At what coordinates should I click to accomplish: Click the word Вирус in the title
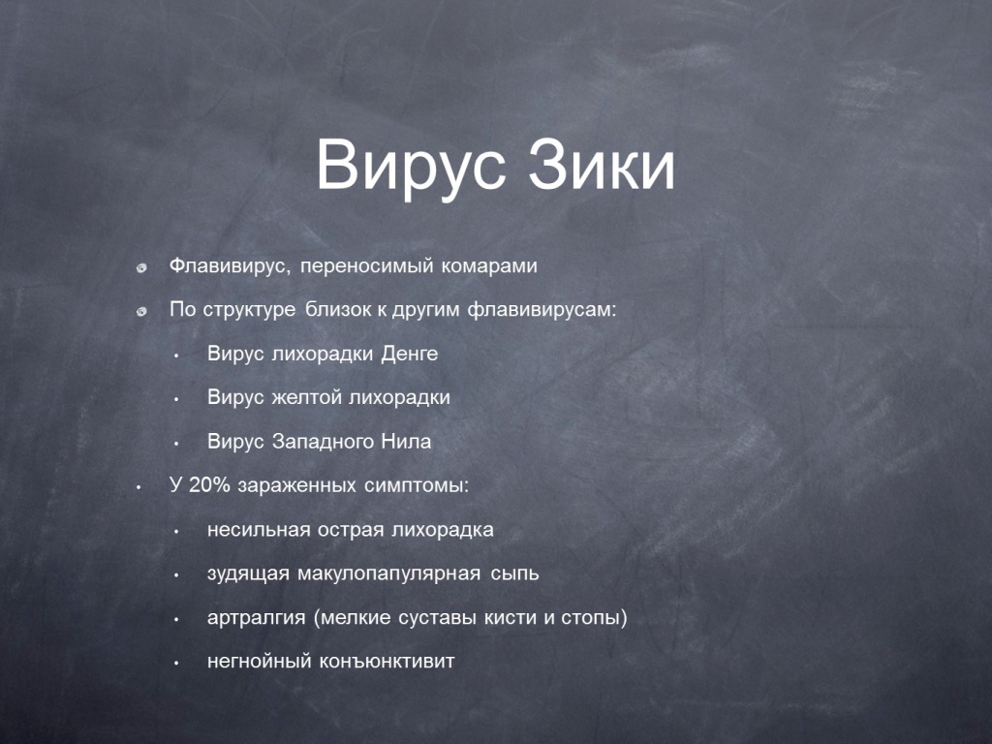pyautogui.click(x=411, y=166)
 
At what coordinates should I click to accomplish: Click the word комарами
pyautogui.click(x=489, y=266)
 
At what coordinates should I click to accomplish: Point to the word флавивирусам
pyautogui.click(x=542, y=311)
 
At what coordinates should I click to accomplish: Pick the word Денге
pyautogui.click(x=410, y=354)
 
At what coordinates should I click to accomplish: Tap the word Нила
pyautogui.click(x=406, y=441)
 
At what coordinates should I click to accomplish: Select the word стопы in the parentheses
pyautogui.click(x=594, y=618)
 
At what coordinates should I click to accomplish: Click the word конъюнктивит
pyautogui.click(x=387, y=662)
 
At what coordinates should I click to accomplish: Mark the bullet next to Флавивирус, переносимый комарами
pyautogui.click(x=141, y=268)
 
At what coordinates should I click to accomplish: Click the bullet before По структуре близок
pyautogui.click(x=141, y=311)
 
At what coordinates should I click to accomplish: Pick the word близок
pyautogui.click(x=338, y=309)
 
